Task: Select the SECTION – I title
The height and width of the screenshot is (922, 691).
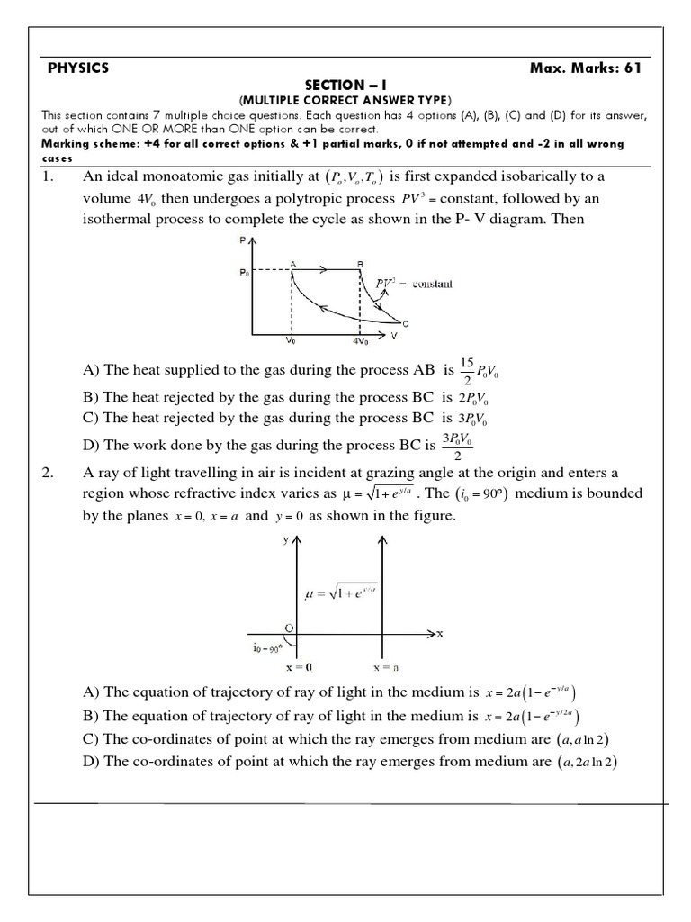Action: tap(346, 84)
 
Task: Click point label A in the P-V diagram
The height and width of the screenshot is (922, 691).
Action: tap(292, 262)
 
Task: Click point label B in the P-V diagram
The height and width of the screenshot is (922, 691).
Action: tap(360, 262)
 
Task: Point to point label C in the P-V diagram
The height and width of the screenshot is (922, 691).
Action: tap(406, 323)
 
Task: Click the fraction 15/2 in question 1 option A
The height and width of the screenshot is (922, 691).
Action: tap(467, 370)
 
